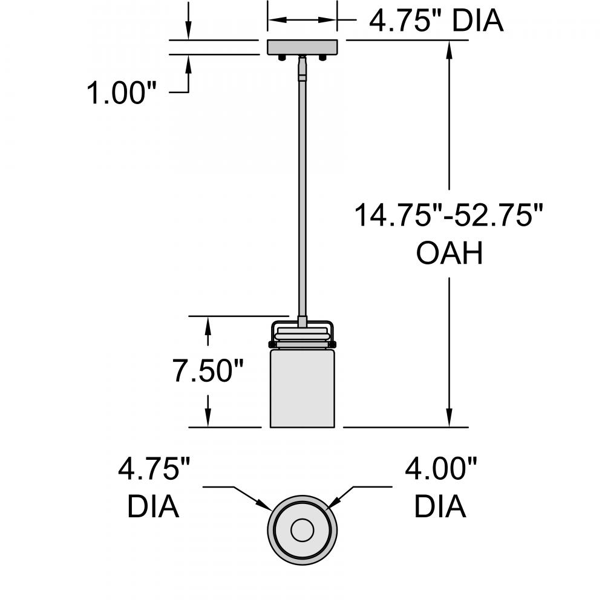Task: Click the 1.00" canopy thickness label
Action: [122, 93]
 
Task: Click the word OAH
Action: [450, 254]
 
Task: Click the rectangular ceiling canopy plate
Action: [302, 47]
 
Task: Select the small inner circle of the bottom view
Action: [302, 531]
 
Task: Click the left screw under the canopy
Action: [282, 58]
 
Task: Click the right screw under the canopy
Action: [322, 58]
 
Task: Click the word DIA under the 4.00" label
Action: [440, 506]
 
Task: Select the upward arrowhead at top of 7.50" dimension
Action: [208, 324]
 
